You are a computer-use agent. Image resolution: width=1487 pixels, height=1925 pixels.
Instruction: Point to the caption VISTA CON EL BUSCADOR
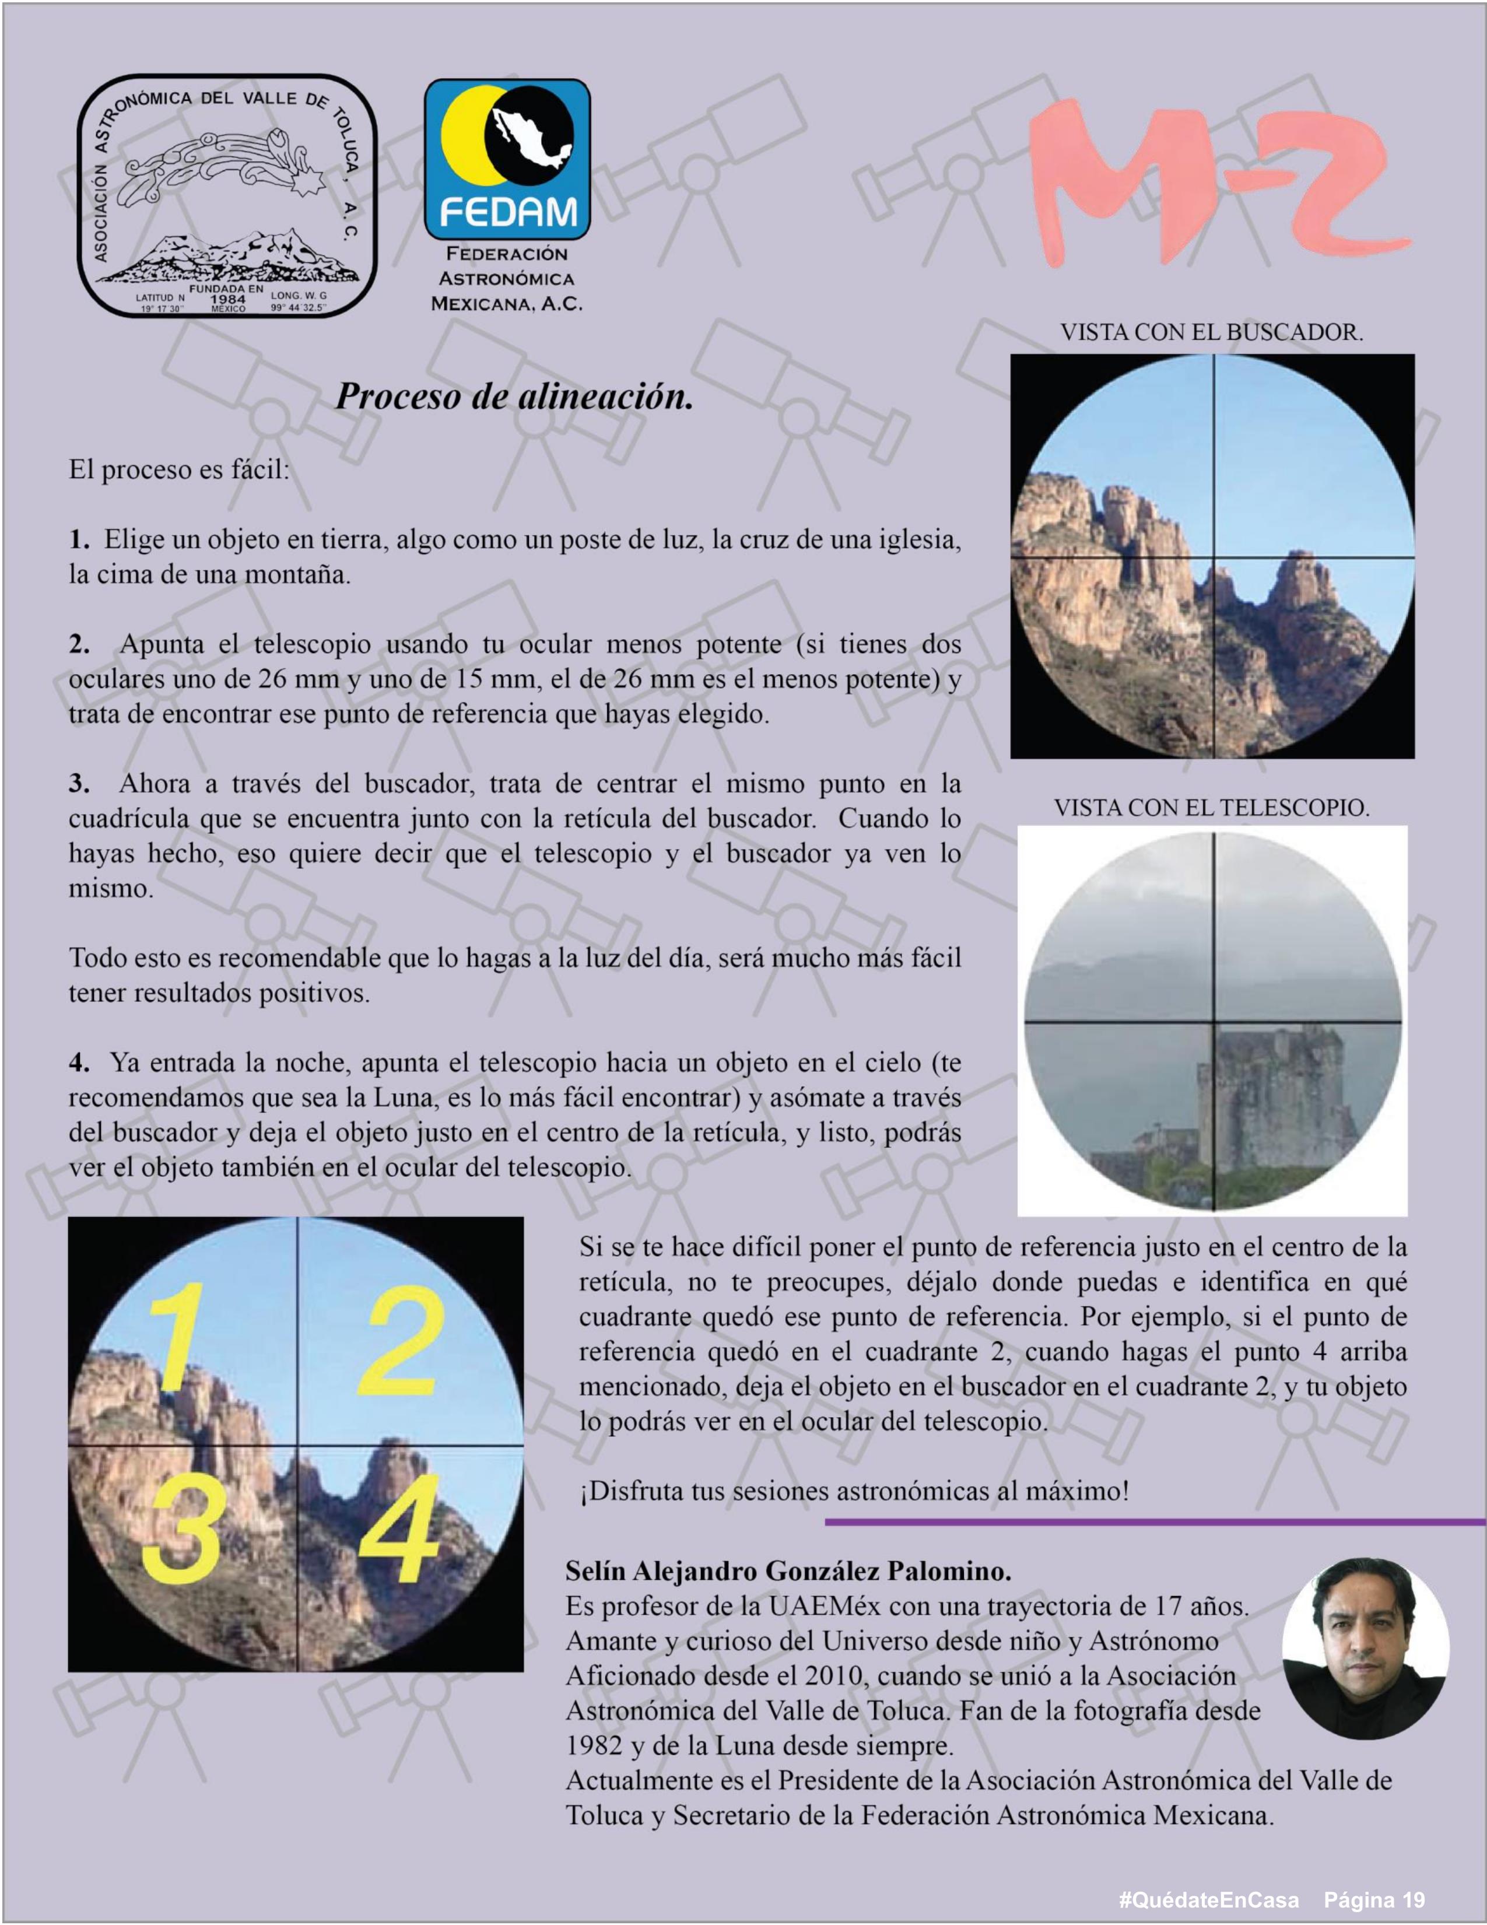1211,333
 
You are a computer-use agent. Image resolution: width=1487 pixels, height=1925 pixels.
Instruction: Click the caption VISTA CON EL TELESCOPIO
1211,807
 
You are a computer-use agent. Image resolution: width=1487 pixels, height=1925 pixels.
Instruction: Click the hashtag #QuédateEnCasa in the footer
1208,1899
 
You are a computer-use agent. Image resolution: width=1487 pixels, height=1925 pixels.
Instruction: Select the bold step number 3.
79,784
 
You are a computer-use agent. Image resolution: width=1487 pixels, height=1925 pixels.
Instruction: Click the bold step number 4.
79,1063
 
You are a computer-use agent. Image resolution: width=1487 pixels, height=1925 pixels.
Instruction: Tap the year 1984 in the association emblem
227,299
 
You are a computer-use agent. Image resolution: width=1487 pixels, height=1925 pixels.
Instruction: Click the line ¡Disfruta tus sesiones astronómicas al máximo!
853,1491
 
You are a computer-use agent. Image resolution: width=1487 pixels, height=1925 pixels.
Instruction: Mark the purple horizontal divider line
1155,1522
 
